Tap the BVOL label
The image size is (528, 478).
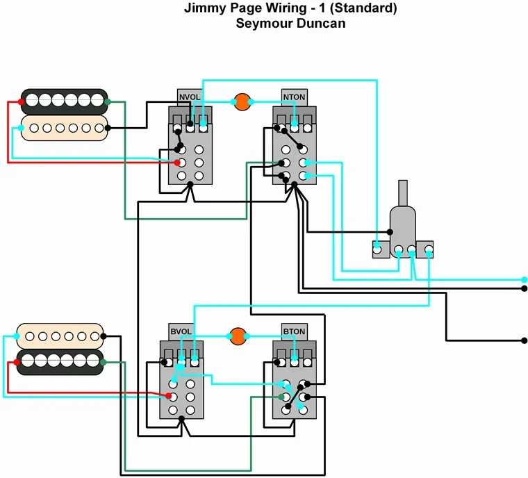pos(181,331)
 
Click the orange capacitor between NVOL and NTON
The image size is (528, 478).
pos(242,102)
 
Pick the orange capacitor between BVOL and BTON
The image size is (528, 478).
pos(239,336)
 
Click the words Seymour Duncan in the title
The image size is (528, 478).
pos(290,24)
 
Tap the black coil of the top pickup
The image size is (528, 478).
pos(65,100)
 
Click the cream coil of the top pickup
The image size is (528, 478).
pos(65,128)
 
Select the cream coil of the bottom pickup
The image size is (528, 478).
pos(60,336)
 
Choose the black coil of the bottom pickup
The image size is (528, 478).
pos(60,362)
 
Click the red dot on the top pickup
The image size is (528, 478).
pos(22,102)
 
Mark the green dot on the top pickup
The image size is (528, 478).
pos(109,102)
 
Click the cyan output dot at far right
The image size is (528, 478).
pos(525,279)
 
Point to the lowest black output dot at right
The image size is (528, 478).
pos(525,340)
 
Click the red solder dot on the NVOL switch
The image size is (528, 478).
pos(178,162)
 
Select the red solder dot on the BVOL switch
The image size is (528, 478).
pos(168,396)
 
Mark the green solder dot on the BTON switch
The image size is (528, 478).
pos(281,397)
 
